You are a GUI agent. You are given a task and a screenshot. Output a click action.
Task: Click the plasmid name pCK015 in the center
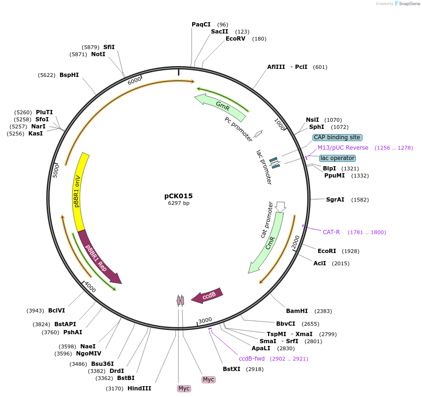click(x=178, y=196)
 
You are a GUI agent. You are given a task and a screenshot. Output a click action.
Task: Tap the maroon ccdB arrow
click(x=208, y=296)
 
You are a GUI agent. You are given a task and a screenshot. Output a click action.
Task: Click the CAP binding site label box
click(x=337, y=137)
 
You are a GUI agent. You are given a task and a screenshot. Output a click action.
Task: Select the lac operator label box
click(x=337, y=158)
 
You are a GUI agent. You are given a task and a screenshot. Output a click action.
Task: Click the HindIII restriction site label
click(x=139, y=389)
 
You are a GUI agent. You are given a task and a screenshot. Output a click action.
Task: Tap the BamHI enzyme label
click(x=297, y=311)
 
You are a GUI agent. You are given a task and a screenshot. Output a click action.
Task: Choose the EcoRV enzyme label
click(x=236, y=39)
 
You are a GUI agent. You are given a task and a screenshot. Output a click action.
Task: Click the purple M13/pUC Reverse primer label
click(x=343, y=148)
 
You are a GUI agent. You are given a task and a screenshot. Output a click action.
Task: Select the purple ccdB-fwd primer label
click(x=252, y=359)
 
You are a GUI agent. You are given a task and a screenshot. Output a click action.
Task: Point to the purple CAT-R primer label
click(x=331, y=232)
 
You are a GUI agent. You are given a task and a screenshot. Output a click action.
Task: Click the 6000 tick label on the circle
click(x=135, y=81)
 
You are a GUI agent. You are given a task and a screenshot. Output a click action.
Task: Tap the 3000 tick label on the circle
click(x=205, y=321)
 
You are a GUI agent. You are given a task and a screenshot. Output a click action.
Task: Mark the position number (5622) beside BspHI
click(x=47, y=75)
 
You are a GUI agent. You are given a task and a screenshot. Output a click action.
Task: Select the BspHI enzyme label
click(x=69, y=75)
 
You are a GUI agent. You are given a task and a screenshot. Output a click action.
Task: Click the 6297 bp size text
click(x=178, y=203)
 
